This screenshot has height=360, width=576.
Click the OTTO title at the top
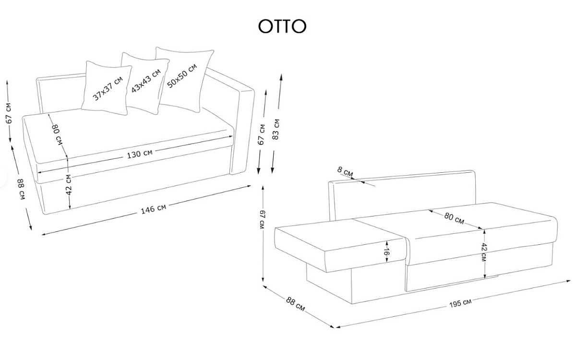point(282,27)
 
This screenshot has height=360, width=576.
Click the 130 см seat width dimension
point(140,154)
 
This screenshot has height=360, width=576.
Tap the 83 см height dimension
point(276,129)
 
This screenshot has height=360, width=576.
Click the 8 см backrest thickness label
point(346,171)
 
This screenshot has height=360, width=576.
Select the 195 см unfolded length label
point(460,303)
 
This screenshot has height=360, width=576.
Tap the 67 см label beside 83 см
point(262,134)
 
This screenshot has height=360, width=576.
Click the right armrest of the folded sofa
point(242,130)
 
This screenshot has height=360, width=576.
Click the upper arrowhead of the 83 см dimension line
point(280,77)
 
